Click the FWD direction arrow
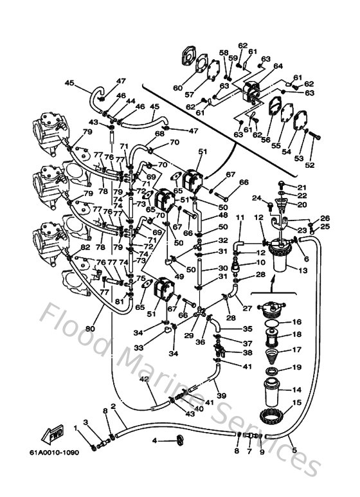[x=57, y=437]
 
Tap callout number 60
[x=177, y=88]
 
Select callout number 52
[x=310, y=164]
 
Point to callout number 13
[x=301, y=270]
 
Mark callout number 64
[x=278, y=66]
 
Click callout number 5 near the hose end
[x=295, y=449]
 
